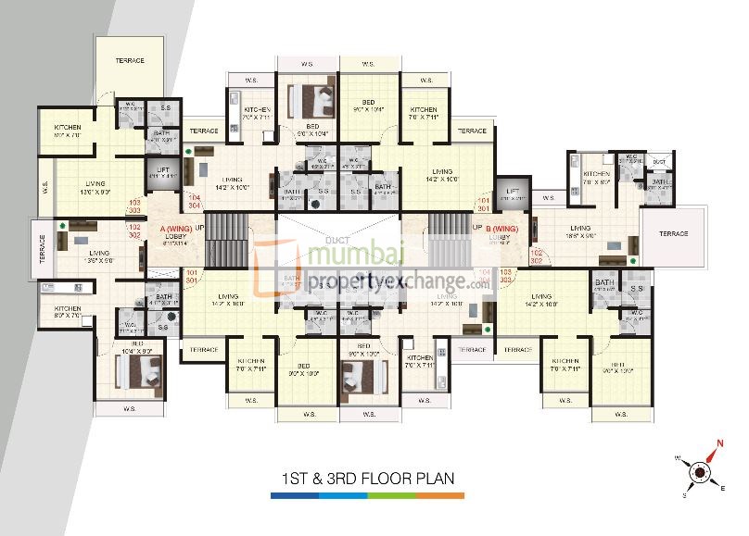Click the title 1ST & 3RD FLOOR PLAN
pos(367,480)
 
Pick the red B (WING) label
pos(501,227)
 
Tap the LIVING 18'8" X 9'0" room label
pos(580,231)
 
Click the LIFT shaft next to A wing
pos(163,174)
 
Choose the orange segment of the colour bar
pos(440,496)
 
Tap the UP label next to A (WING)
pos(198,227)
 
